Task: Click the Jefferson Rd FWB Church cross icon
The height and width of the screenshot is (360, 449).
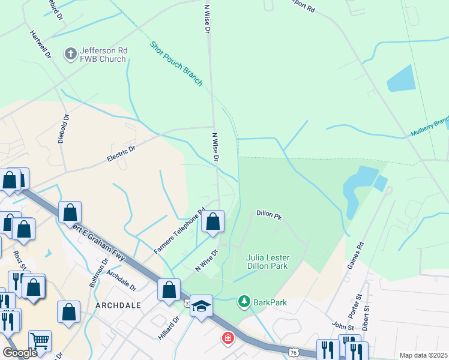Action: point(70,53)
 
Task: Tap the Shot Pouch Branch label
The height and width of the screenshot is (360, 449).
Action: point(176,64)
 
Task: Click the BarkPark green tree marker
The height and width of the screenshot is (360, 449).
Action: point(244,301)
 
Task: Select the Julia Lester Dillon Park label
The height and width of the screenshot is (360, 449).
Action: point(267,262)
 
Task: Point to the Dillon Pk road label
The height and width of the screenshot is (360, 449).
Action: point(268,213)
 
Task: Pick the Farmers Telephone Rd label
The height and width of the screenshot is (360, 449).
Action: point(179,231)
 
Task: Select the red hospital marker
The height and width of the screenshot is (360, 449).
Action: point(228,339)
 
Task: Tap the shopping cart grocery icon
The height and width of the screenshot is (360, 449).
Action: point(40,341)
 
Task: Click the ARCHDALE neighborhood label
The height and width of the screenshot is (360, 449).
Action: point(118,305)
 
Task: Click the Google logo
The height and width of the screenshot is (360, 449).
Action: point(20,353)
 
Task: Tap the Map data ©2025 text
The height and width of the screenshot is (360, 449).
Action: point(423,355)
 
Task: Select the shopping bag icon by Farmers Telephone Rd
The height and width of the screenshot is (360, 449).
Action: point(212,221)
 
